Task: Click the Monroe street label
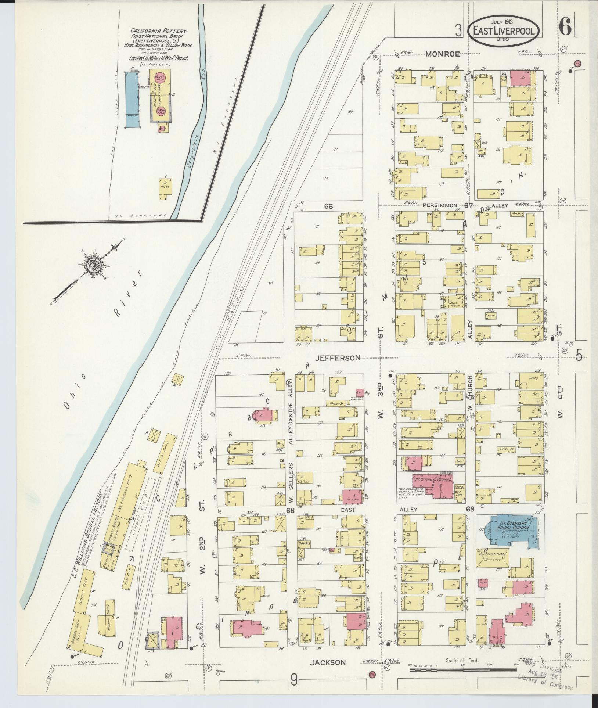tap(443, 54)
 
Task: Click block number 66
tap(328, 206)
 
